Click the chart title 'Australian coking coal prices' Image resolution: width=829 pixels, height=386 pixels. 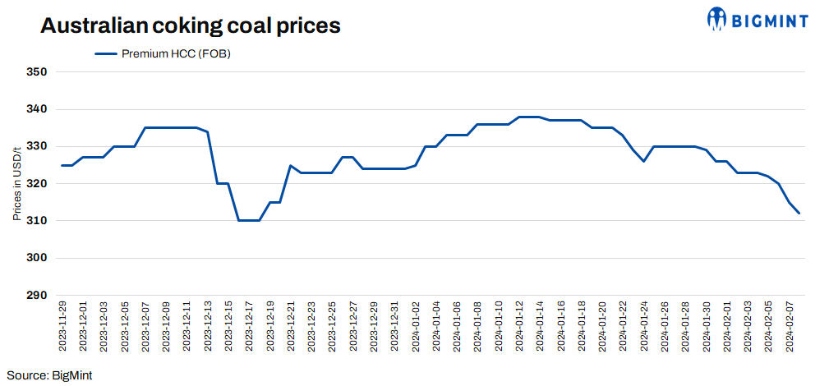(x=191, y=26)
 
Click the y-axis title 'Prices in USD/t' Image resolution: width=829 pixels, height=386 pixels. (x=16, y=184)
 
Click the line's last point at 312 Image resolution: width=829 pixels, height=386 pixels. (x=799, y=214)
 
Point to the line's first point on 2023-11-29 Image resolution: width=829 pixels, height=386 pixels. (x=62, y=165)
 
